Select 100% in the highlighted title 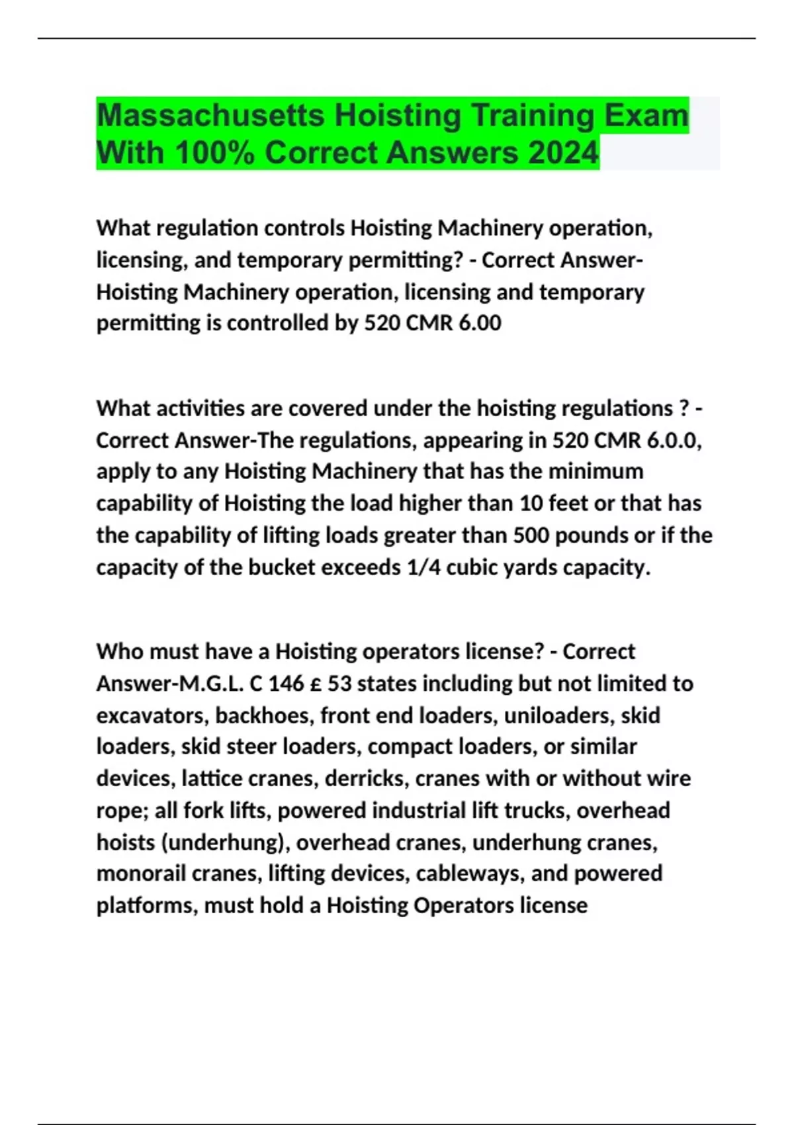pyautogui.click(x=214, y=153)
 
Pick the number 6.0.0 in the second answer pyautogui.click(x=674, y=440)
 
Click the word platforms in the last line pyautogui.click(x=146, y=905)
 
